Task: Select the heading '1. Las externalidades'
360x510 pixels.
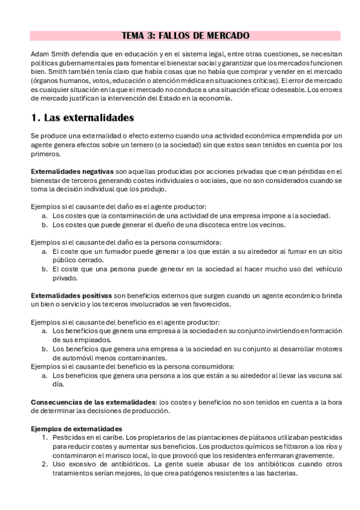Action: [82, 117]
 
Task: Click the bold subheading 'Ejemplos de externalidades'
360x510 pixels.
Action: [76, 428]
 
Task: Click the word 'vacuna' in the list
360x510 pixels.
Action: [316, 375]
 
